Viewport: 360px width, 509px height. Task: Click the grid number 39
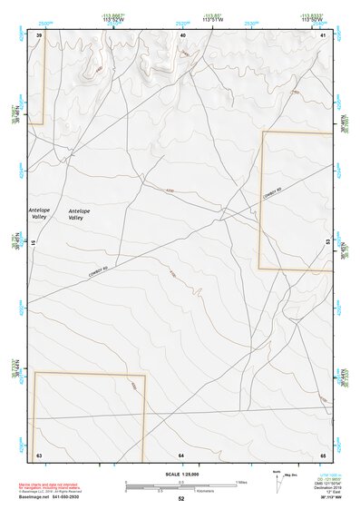(39, 34)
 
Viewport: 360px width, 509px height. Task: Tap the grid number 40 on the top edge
(182, 34)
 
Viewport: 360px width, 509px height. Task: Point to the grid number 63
(39, 453)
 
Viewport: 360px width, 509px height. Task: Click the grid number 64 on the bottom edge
(181, 453)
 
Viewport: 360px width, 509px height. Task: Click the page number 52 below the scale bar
(181, 498)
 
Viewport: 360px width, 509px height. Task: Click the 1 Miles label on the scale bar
(240, 481)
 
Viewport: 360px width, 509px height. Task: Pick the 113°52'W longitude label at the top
(112, 19)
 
